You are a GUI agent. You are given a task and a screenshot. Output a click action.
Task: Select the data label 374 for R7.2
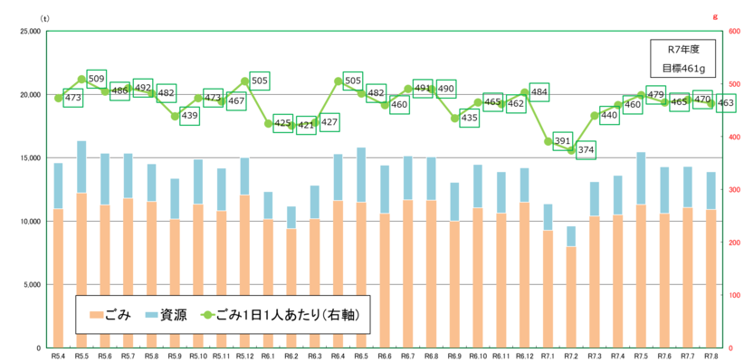[586, 150]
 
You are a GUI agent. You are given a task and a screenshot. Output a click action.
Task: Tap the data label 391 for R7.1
[562, 141]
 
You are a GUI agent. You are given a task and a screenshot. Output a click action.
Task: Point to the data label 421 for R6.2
[305, 125]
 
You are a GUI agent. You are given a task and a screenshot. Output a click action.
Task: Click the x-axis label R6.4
[339, 356]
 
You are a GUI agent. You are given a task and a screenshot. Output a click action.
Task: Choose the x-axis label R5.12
[244, 356]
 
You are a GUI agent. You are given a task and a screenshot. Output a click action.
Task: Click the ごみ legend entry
[110, 316]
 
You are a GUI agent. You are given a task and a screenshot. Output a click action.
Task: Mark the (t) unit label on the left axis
[45, 17]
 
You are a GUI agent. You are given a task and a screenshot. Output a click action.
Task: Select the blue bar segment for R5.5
[81, 167]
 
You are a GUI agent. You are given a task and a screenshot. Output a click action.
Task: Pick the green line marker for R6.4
[339, 81]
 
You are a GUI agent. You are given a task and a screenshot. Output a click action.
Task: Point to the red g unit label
[715, 17]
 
